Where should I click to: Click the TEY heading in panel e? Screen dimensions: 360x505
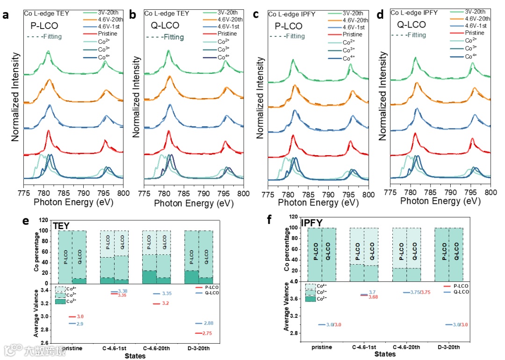pyautogui.click(x=61, y=225)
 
